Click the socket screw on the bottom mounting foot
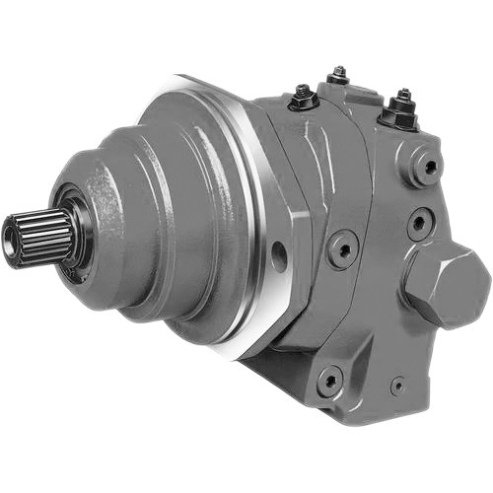click(x=329, y=377)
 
